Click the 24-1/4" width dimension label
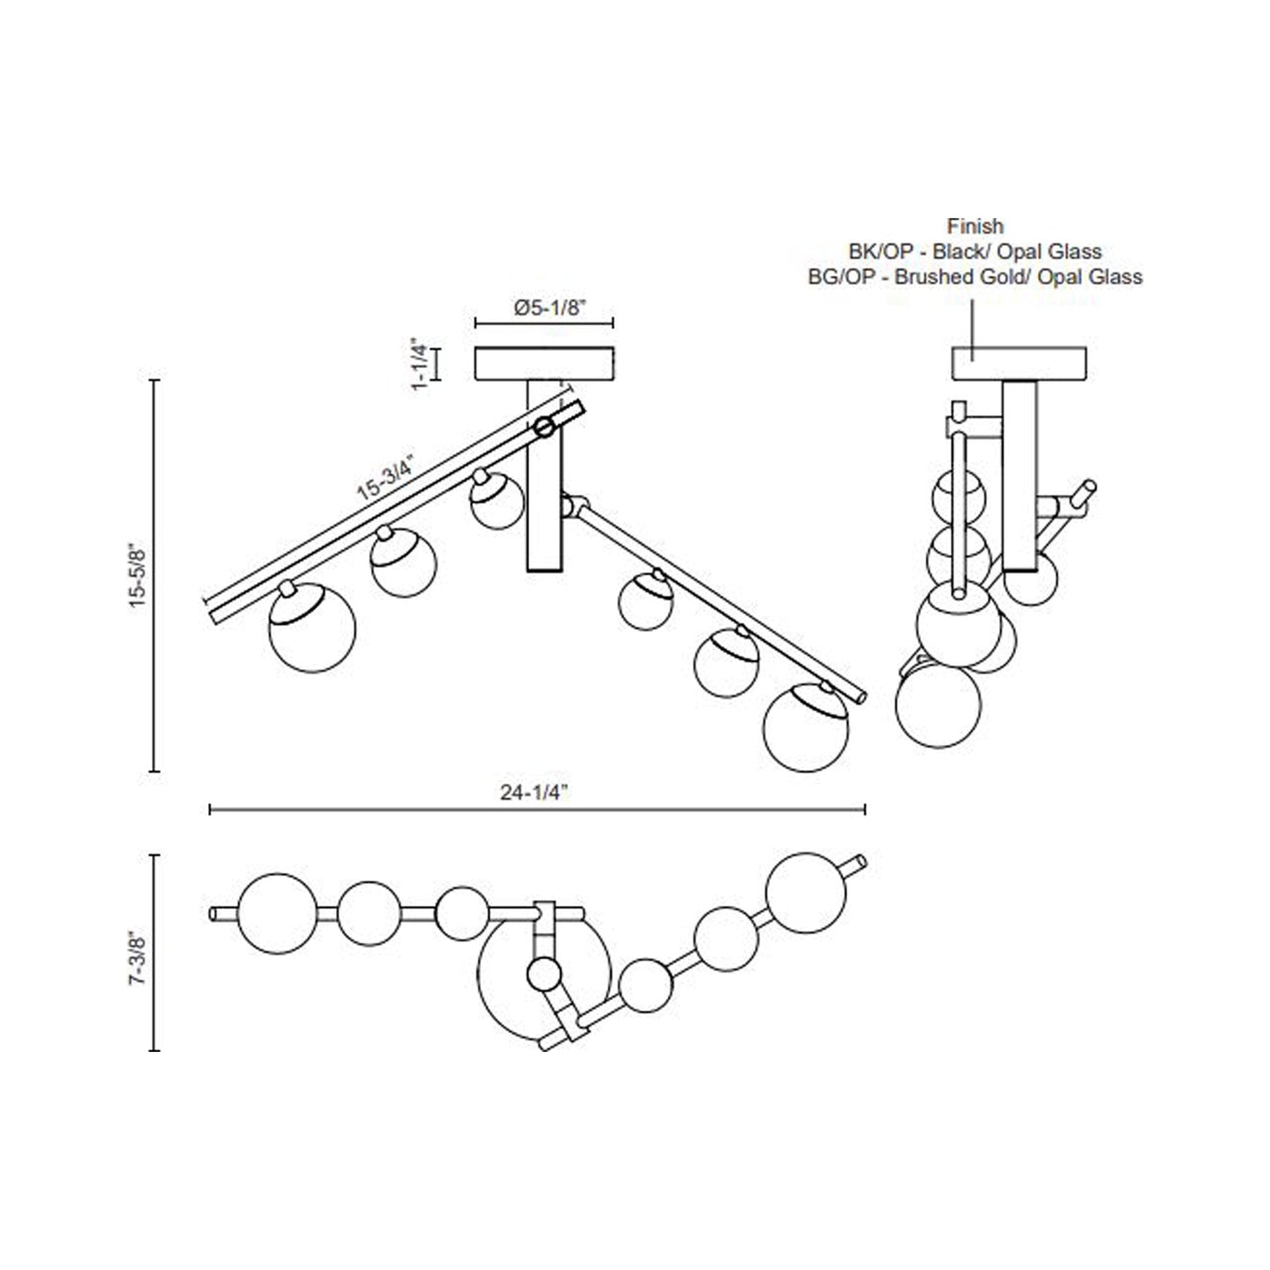[534, 792]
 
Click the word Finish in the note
[975, 226]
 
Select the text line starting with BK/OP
[975, 251]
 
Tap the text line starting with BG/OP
[975, 277]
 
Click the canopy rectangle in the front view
[544, 364]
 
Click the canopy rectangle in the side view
[1019, 364]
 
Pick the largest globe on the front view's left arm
[312, 629]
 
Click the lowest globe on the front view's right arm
[806, 728]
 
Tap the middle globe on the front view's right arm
[726, 664]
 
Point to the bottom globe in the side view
[938, 706]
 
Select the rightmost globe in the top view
[806, 892]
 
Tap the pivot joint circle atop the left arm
[545, 428]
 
